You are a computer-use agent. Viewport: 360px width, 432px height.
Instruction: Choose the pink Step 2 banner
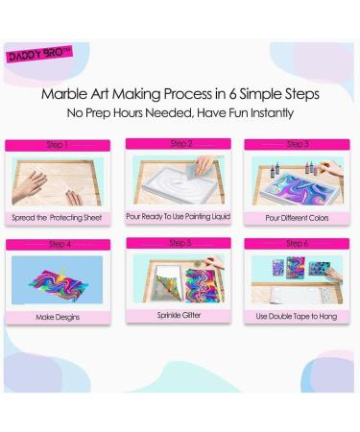tap(180, 144)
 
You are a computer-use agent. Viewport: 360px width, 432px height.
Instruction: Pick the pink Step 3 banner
tap(300, 144)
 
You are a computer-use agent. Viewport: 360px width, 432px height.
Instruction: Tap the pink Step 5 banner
tap(180, 243)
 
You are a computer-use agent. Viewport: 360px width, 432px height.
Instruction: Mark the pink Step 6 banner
tap(300, 243)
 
